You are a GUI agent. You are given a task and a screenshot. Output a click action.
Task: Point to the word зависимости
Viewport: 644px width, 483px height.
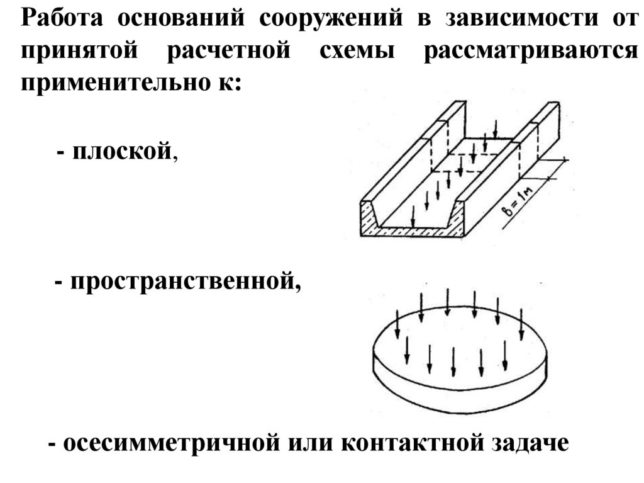[516, 18]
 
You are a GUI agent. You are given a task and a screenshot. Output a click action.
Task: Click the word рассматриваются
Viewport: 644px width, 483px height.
[531, 50]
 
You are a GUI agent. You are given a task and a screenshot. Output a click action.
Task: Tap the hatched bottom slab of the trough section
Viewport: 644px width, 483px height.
[415, 232]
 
